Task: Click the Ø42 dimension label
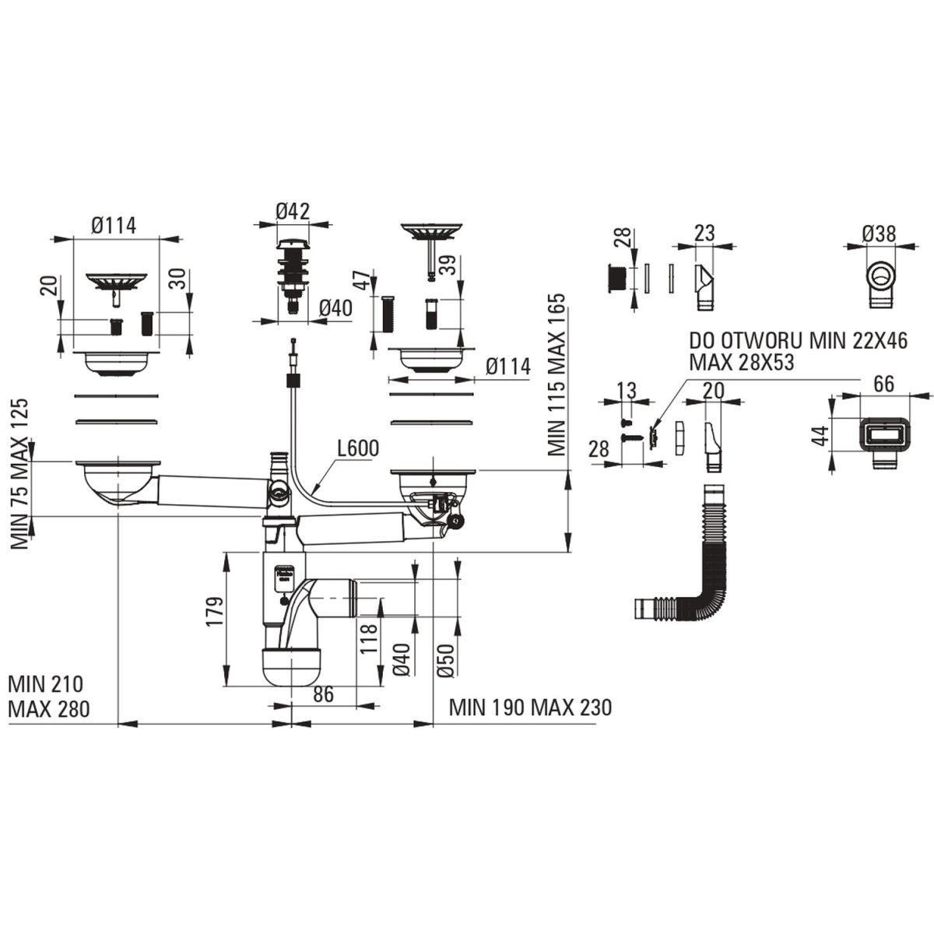pos(293,211)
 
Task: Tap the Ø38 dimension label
pos(879,233)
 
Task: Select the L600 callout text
pos(358,449)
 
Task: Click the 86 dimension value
pos(324,694)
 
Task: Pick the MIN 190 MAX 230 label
pos(530,708)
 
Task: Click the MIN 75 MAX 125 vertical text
pos(20,474)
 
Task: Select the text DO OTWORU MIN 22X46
pos(799,342)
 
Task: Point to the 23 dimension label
pos(705,233)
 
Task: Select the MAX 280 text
pos(49,708)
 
